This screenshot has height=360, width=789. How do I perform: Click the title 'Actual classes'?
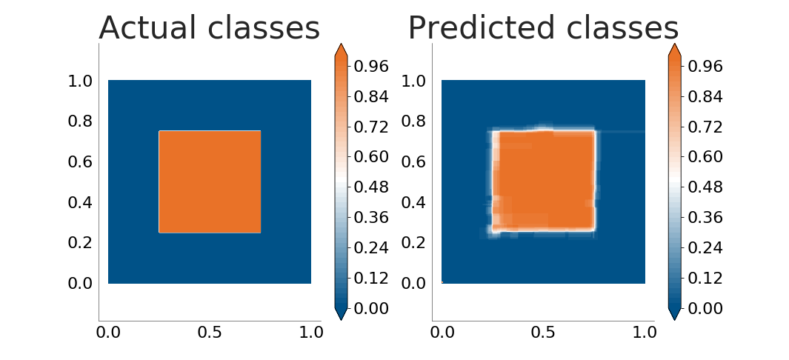pyautogui.click(x=210, y=27)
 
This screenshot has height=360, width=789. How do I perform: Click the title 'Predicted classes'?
pyautogui.click(x=544, y=27)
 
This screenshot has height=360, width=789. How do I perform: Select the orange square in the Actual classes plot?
pyautogui.click(x=210, y=182)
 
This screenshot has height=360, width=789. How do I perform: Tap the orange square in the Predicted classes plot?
pyautogui.click(x=544, y=181)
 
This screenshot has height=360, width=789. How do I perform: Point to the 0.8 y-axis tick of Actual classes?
pyautogui.click(x=81, y=121)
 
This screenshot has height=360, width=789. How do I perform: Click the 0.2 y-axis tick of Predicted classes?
pyautogui.click(x=414, y=243)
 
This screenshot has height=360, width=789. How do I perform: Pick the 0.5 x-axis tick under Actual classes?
pyautogui.click(x=210, y=333)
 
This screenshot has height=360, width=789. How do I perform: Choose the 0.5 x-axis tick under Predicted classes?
pyautogui.click(x=544, y=333)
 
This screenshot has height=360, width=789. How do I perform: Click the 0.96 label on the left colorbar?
pyautogui.click(x=371, y=67)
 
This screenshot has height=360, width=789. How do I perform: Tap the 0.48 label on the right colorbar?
pyautogui.click(x=705, y=187)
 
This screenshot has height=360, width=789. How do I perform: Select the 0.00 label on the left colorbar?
pyautogui.click(x=371, y=308)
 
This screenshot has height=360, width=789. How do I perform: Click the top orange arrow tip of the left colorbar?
pyautogui.click(x=341, y=44)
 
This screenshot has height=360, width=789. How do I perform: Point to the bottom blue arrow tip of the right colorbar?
pyautogui.click(x=675, y=320)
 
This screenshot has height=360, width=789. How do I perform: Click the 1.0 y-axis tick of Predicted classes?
pyautogui.click(x=414, y=81)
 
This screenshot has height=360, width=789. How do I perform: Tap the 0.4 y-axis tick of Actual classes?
pyautogui.click(x=81, y=203)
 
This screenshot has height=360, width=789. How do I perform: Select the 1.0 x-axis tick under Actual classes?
pyautogui.click(x=311, y=333)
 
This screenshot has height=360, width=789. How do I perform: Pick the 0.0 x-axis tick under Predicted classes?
pyautogui.click(x=442, y=333)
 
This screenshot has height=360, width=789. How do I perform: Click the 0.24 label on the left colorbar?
pyautogui.click(x=371, y=248)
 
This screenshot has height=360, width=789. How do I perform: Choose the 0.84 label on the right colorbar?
pyautogui.click(x=705, y=96)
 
